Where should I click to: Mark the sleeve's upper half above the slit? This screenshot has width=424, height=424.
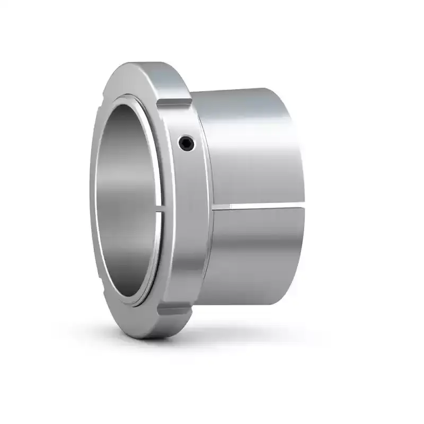coord(249,148)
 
